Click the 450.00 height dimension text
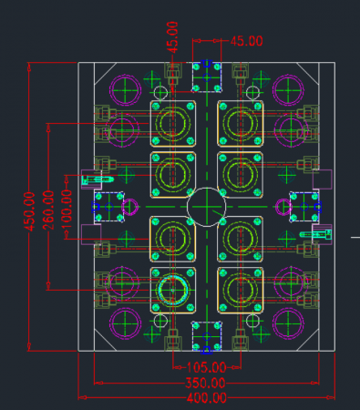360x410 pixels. (29, 211)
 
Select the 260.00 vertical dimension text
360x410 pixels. (48, 210)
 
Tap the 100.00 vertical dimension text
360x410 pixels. (67, 209)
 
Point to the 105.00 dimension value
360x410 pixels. (206, 367)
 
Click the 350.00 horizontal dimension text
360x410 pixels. (205, 383)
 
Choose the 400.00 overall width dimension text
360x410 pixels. (207, 398)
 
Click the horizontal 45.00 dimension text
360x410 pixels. (246, 41)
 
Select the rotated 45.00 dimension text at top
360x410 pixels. (172, 37)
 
